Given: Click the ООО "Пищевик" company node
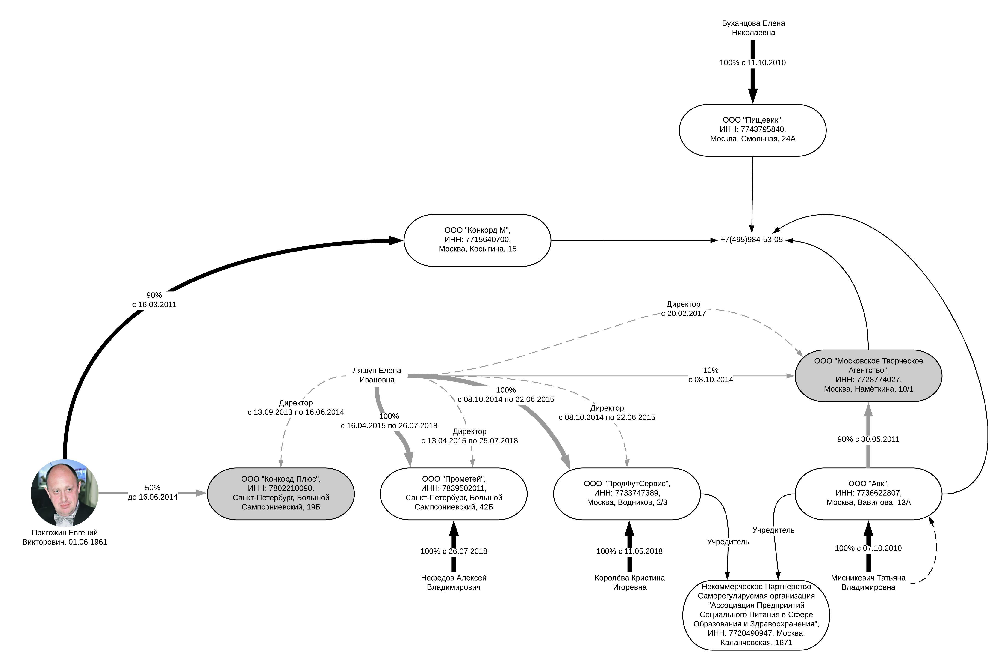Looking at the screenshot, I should tap(752, 130).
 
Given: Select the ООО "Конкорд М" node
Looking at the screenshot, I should tap(477, 240).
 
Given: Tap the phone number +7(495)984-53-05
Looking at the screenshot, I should tap(751, 240).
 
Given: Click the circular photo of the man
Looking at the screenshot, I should tap(65, 493).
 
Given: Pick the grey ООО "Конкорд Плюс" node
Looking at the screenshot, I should tap(281, 494).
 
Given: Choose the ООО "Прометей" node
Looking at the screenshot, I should tap(454, 494).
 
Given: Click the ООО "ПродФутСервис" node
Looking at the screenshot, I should tap(627, 494).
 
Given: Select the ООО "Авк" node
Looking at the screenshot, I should tap(868, 494).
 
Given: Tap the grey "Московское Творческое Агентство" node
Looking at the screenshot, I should tap(868, 375).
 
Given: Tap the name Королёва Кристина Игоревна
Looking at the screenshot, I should tap(629, 582).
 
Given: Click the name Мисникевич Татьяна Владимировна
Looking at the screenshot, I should tap(868, 582).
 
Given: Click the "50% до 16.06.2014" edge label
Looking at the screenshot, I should tap(152, 492).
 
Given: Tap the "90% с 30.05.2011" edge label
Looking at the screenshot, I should tap(868, 439).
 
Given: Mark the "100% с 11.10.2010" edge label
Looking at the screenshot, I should tap(752, 63).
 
